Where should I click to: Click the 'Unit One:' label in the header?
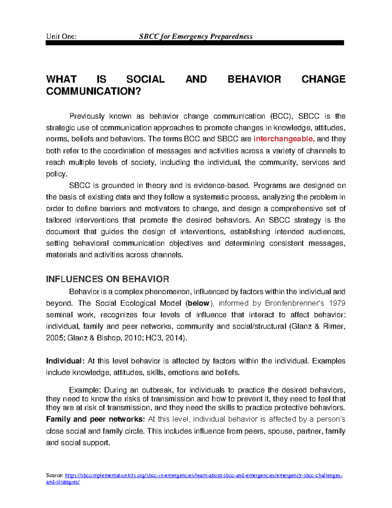[x=61, y=36]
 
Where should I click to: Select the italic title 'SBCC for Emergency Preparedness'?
[x=196, y=36]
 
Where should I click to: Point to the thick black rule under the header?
[x=195, y=43]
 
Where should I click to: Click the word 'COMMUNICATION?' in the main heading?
[x=93, y=91]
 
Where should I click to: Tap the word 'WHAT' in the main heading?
[x=61, y=79]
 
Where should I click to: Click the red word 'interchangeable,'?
[x=284, y=139]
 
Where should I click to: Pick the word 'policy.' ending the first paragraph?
[x=57, y=174]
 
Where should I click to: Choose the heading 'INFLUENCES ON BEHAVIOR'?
[x=107, y=279]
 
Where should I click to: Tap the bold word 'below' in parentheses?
[x=199, y=303]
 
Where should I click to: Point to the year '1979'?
[x=337, y=303]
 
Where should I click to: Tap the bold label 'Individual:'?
[x=65, y=361]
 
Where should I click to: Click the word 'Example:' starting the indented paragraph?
[x=85, y=390]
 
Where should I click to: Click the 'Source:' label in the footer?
[x=55, y=476]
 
